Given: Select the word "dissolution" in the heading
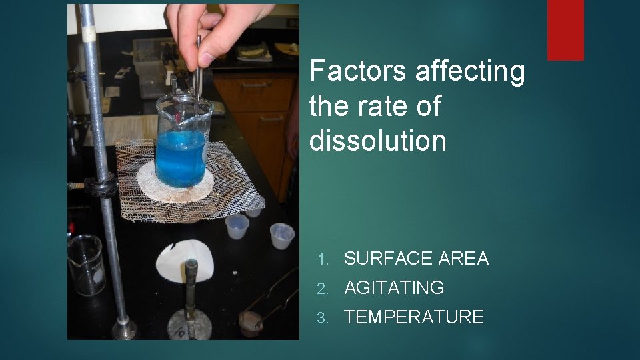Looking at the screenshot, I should click(x=377, y=141).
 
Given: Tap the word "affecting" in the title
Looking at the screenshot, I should click(x=470, y=71).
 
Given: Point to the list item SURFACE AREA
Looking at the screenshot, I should click(x=416, y=258).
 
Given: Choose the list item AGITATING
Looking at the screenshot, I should click(x=393, y=288).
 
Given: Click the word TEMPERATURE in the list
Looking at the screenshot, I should click(x=413, y=317).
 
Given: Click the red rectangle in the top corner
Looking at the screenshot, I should click(x=565, y=30).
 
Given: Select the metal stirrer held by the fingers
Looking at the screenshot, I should click(x=199, y=67).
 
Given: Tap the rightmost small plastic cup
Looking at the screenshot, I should click(x=281, y=235).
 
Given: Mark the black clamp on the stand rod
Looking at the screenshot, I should click(x=100, y=187).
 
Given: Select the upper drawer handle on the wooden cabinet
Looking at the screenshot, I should click(x=255, y=85).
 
